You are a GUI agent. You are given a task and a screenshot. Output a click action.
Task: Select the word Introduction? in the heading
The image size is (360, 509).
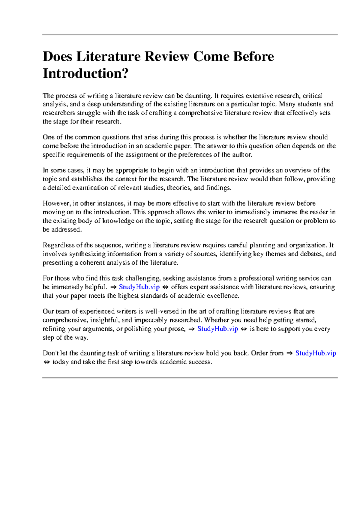[x=85, y=73]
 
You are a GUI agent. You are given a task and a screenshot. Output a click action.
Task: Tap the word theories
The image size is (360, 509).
[x=179, y=188]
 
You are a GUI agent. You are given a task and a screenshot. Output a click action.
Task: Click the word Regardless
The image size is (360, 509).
[x=58, y=245]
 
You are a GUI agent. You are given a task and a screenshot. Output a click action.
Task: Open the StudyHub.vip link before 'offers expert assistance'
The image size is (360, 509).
[x=139, y=287]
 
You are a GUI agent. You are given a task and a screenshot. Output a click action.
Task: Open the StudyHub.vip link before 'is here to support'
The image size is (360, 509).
[x=217, y=329]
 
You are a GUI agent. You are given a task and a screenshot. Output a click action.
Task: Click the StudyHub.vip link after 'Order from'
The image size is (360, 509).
[x=316, y=353]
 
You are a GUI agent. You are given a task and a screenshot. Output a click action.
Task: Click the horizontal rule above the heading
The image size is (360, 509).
[x=190, y=35]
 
